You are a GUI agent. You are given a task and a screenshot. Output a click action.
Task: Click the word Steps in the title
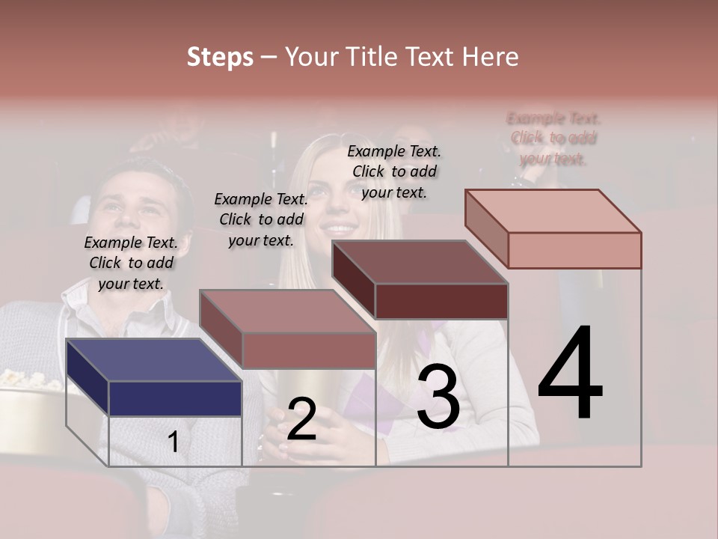(220, 57)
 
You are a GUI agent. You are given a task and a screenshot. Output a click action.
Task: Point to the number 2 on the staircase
(301, 419)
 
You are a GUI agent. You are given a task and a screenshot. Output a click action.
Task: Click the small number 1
(173, 442)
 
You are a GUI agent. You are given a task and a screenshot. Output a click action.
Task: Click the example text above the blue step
(131, 263)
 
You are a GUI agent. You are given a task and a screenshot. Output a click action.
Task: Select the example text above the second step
(261, 219)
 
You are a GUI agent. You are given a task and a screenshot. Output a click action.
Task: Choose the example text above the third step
(394, 171)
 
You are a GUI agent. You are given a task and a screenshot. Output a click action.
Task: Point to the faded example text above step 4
(553, 138)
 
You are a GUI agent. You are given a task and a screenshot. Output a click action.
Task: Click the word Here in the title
(490, 57)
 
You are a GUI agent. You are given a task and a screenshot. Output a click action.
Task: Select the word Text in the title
(429, 57)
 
